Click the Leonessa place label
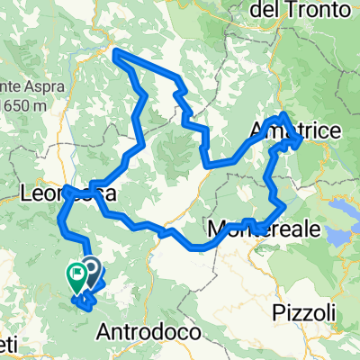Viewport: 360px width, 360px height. tap(67, 193)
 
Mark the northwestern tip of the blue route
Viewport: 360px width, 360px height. tap(115, 57)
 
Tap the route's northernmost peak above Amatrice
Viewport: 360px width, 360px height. tap(283, 114)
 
